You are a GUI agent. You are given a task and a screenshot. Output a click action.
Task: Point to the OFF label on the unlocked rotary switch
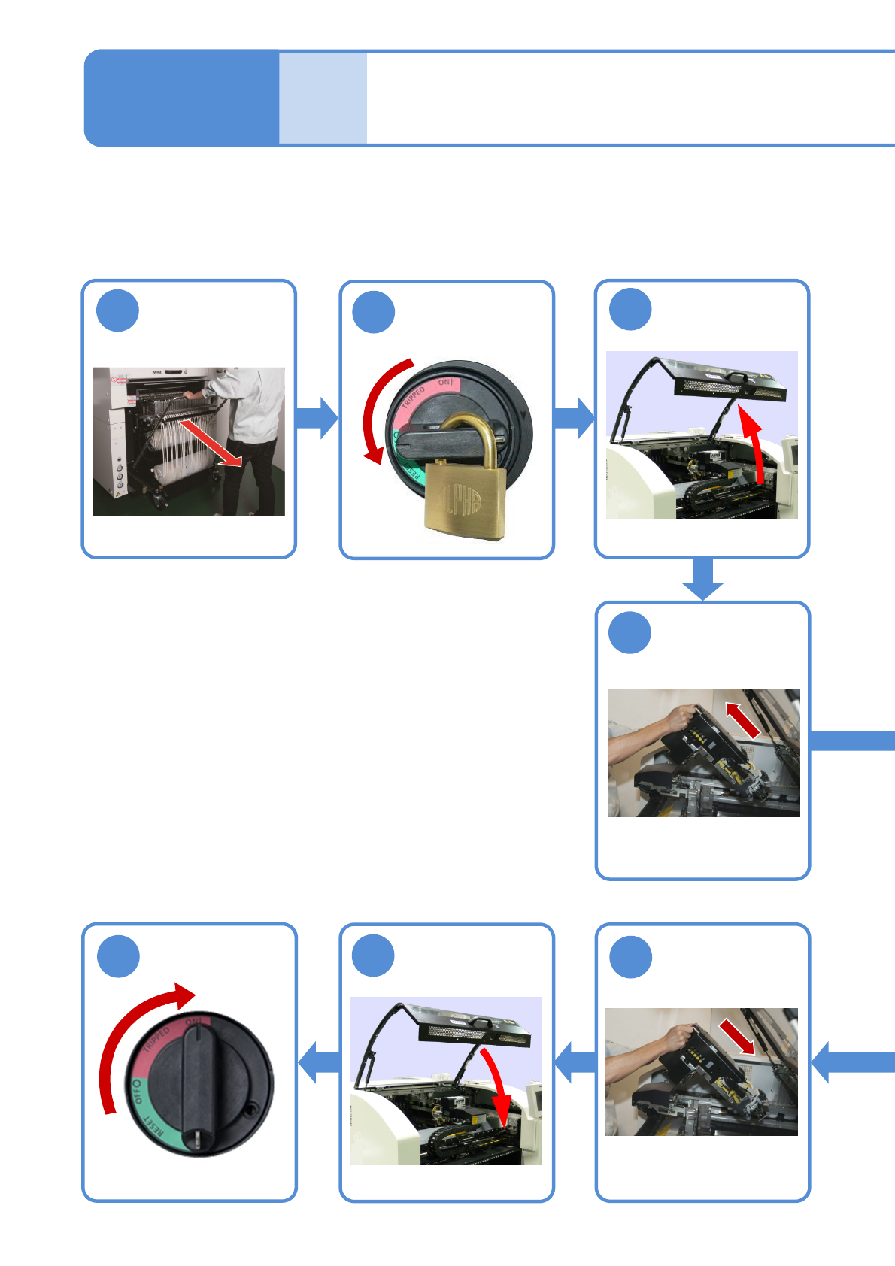click(x=136, y=1092)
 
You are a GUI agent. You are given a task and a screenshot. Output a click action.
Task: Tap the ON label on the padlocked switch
click(x=445, y=383)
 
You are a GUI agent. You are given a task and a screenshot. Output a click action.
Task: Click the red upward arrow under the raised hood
click(x=754, y=443)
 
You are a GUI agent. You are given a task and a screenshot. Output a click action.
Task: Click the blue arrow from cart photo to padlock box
click(x=317, y=418)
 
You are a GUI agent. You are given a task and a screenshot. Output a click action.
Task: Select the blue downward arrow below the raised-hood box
click(x=703, y=579)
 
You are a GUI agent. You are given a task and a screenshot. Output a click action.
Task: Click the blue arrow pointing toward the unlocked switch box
click(x=320, y=1062)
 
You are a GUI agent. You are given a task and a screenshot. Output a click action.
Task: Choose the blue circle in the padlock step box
click(x=374, y=312)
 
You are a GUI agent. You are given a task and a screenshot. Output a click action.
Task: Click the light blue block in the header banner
click(x=323, y=98)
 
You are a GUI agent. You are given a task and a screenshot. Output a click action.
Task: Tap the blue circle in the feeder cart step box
click(x=118, y=310)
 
